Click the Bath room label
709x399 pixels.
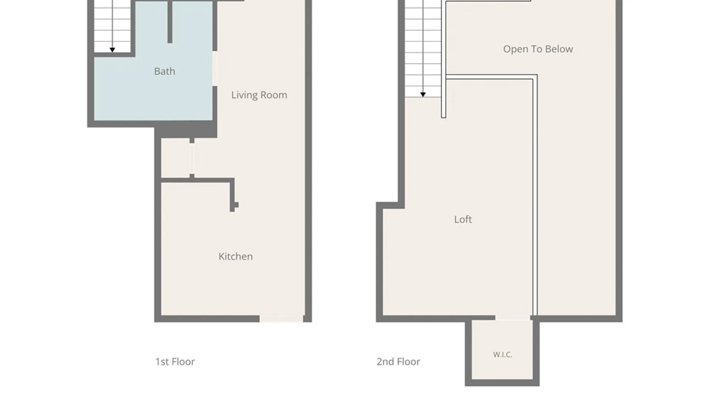[164, 71]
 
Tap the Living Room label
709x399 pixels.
[259, 95]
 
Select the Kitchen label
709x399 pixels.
[236, 256]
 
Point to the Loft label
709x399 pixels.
[463, 219]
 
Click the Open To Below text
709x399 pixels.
[538, 49]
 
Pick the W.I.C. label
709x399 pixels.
[503, 355]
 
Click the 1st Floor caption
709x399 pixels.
[175, 362]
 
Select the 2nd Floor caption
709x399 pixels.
[398, 362]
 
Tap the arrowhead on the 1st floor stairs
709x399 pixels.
[112, 50]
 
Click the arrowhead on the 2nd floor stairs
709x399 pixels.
[423, 95]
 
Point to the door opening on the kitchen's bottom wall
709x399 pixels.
[281, 319]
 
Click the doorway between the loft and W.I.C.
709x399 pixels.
[513, 318]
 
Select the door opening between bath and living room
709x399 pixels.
[215, 69]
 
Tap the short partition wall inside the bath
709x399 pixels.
[170, 22]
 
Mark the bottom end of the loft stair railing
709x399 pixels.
[443, 117]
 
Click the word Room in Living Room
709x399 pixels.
[274, 95]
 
